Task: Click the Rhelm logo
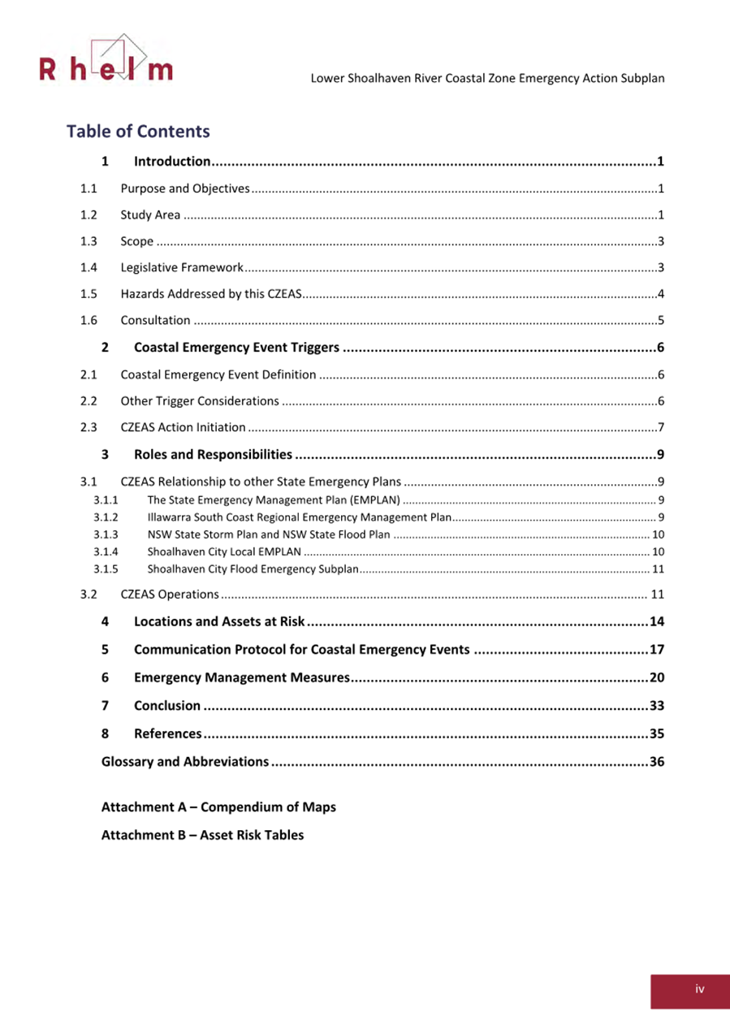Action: [x=106, y=63]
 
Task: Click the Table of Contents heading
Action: [x=138, y=132]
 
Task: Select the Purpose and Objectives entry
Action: [x=184, y=189]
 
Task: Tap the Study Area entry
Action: [x=150, y=215]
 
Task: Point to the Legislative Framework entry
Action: [x=181, y=267]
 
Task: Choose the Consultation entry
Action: [x=155, y=320]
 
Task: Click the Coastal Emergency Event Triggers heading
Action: [x=236, y=348]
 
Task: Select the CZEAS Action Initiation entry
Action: [x=183, y=427]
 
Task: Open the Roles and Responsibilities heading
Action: [x=213, y=453]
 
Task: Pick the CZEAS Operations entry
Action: [x=169, y=594]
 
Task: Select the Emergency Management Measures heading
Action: [x=241, y=677]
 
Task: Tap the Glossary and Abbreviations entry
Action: [x=184, y=762]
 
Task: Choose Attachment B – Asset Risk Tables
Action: [x=202, y=835]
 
